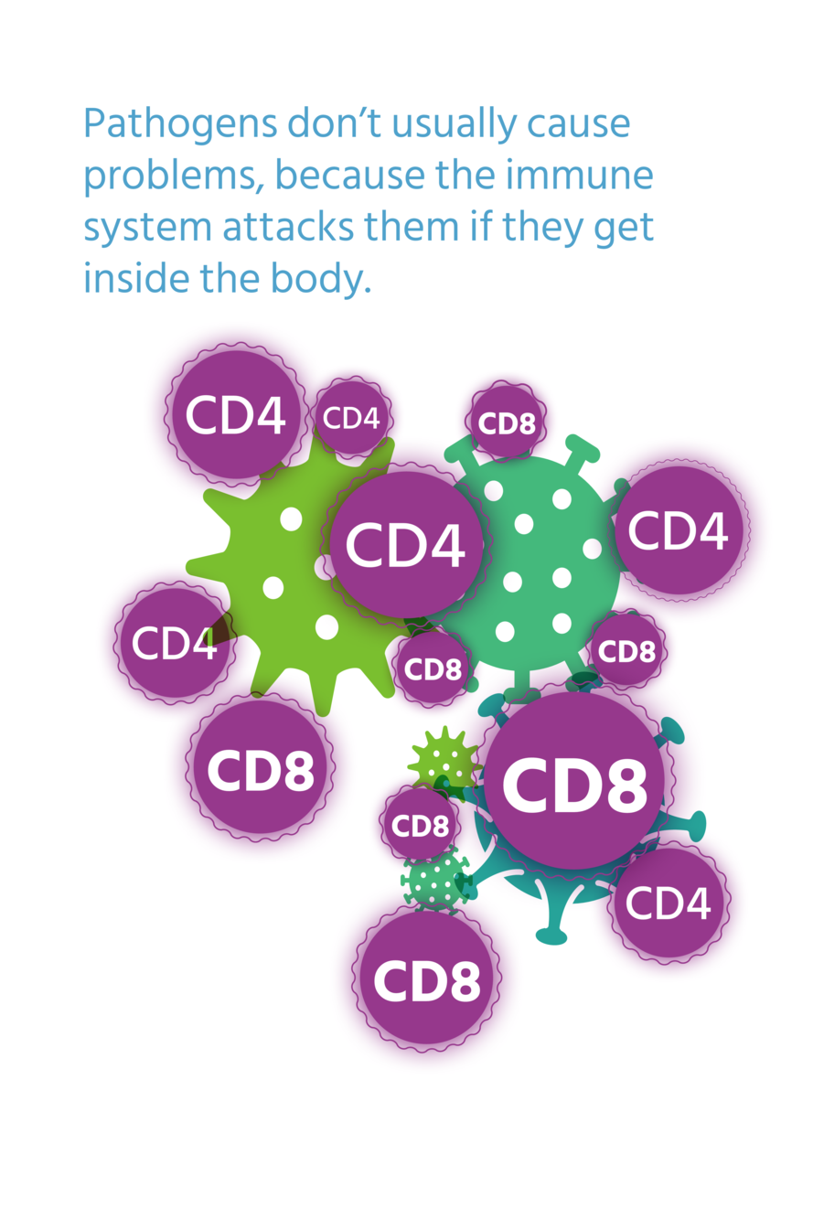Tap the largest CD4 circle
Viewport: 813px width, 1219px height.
404,544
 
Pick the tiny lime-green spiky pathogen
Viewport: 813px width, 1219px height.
444,759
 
